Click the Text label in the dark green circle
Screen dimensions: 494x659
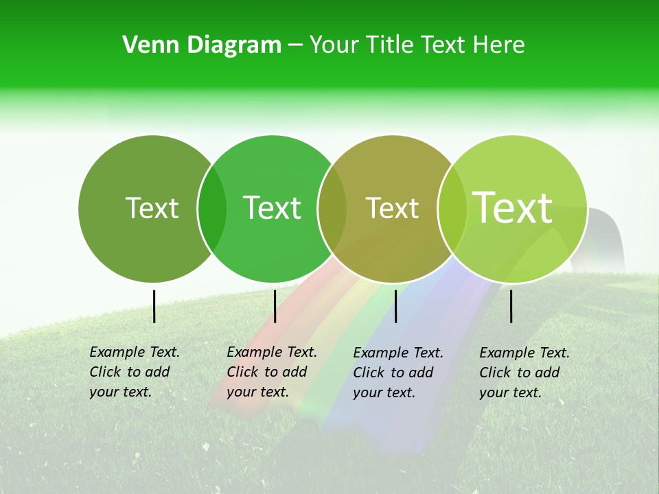click(x=152, y=208)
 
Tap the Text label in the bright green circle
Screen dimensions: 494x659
click(x=272, y=208)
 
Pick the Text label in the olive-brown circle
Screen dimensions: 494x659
click(x=392, y=209)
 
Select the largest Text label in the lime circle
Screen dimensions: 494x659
click(x=513, y=208)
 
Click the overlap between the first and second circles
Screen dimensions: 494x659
click(x=212, y=209)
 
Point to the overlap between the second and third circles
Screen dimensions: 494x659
click(x=332, y=209)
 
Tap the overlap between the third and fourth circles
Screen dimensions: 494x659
click(x=452, y=209)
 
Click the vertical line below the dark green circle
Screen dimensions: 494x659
click(x=154, y=306)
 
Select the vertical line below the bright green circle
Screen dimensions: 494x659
click(x=275, y=306)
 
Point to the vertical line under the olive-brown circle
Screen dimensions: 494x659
click(x=395, y=306)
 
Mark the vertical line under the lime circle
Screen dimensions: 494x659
click(x=511, y=306)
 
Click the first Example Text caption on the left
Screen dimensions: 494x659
click(x=135, y=352)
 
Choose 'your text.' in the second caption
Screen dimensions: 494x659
click(x=257, y=392)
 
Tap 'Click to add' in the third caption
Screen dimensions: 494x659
click(x=393, y=373)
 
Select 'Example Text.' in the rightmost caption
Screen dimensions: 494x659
click(x=524, y=353)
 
